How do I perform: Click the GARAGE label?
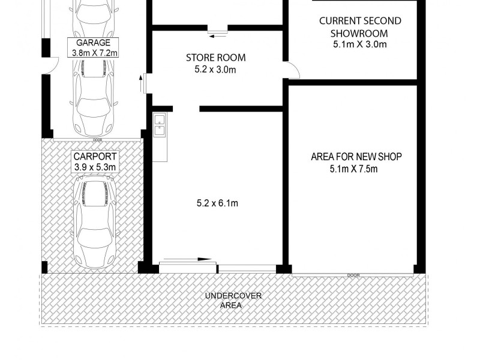[93, 43]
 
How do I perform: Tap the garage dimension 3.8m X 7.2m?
[93, 53]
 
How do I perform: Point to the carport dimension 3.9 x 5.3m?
[95, 166]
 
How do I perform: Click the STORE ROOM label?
[216, 58]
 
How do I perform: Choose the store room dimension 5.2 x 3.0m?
[216, 70]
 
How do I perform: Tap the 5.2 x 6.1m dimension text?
[217, 203]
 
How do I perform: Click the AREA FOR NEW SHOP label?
[356, 157]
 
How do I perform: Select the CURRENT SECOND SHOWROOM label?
[360, 27]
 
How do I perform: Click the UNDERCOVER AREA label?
[233, 300]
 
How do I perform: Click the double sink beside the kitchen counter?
[159, 124]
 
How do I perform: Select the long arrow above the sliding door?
[187, 260]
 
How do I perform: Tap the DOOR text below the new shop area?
[353, 275]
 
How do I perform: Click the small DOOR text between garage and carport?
[97, 140]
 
